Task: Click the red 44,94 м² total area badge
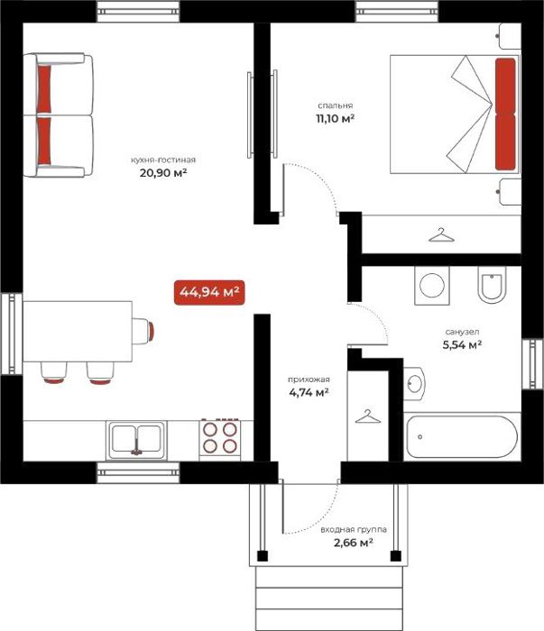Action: click(x=209, y=292)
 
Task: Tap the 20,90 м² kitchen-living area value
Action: click(x=163, y=173)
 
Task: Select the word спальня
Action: click(x=335, y=105)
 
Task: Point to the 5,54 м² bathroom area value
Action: click(x=462, y=345)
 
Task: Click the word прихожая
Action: click(x=309, y=380)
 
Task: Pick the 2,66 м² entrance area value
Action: click(x=353, y=543)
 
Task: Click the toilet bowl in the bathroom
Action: click(x=492, y=285)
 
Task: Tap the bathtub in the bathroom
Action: click(x=461, y=437)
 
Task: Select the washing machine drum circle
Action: click(x=432, y=286)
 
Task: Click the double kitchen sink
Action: click(x=136, y=440)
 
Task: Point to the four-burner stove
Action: click(x=220, y=438)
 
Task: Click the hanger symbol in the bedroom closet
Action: click(x=441, y=235)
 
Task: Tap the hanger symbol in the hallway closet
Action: click(x=368, y=416)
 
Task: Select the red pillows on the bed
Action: click(x=505, y=114)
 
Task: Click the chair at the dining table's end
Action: click(x=143, y=331)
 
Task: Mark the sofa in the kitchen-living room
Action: click(x=59, y=115)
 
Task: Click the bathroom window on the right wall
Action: click(x=533, y=364)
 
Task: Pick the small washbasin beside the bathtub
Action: click(x=414, y=383)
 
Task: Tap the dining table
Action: click(x=78, y=331)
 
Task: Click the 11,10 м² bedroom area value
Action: click(x=335, y=119)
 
